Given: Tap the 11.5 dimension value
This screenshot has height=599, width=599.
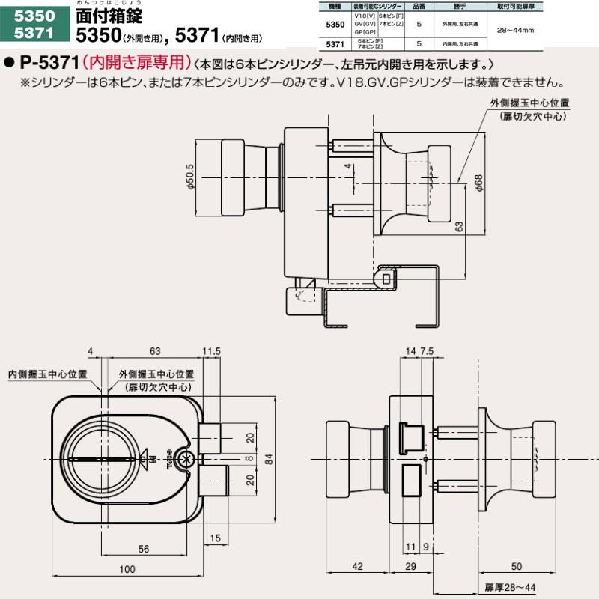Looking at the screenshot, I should point(211,350).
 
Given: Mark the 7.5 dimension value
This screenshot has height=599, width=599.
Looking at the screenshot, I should point(428,350).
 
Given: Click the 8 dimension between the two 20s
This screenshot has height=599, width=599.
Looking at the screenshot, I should point(249,457).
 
